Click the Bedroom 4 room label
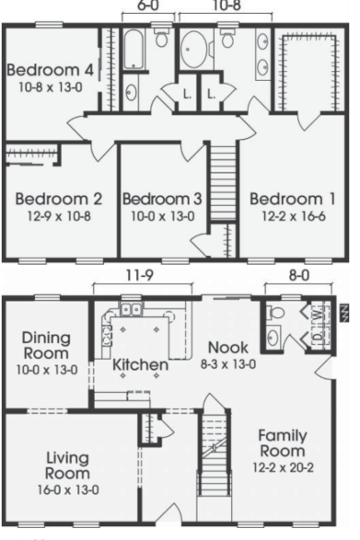[x=50, y=70]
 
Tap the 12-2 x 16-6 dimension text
[x=294, y=216]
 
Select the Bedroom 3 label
[x=162, y=199]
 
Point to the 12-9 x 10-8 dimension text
[x=59, y=216]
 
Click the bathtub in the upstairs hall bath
[x=133, y=50]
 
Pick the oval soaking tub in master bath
[x=193, y=50]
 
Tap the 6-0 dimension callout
[x=148, y=6]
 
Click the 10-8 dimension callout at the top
[x=226, y=6]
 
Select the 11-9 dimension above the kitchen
[x=140, y=275]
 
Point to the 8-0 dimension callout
[x=298, y=275]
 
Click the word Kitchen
[x=140, y=365]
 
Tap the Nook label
[x=228, y=348]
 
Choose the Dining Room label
[x=46, y=346]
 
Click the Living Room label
[x=68, y=465]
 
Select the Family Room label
[x=283, y=443]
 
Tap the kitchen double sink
[x=132, y=309]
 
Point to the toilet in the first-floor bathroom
[x=275, y=314]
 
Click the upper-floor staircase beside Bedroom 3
[x=223, y=182]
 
